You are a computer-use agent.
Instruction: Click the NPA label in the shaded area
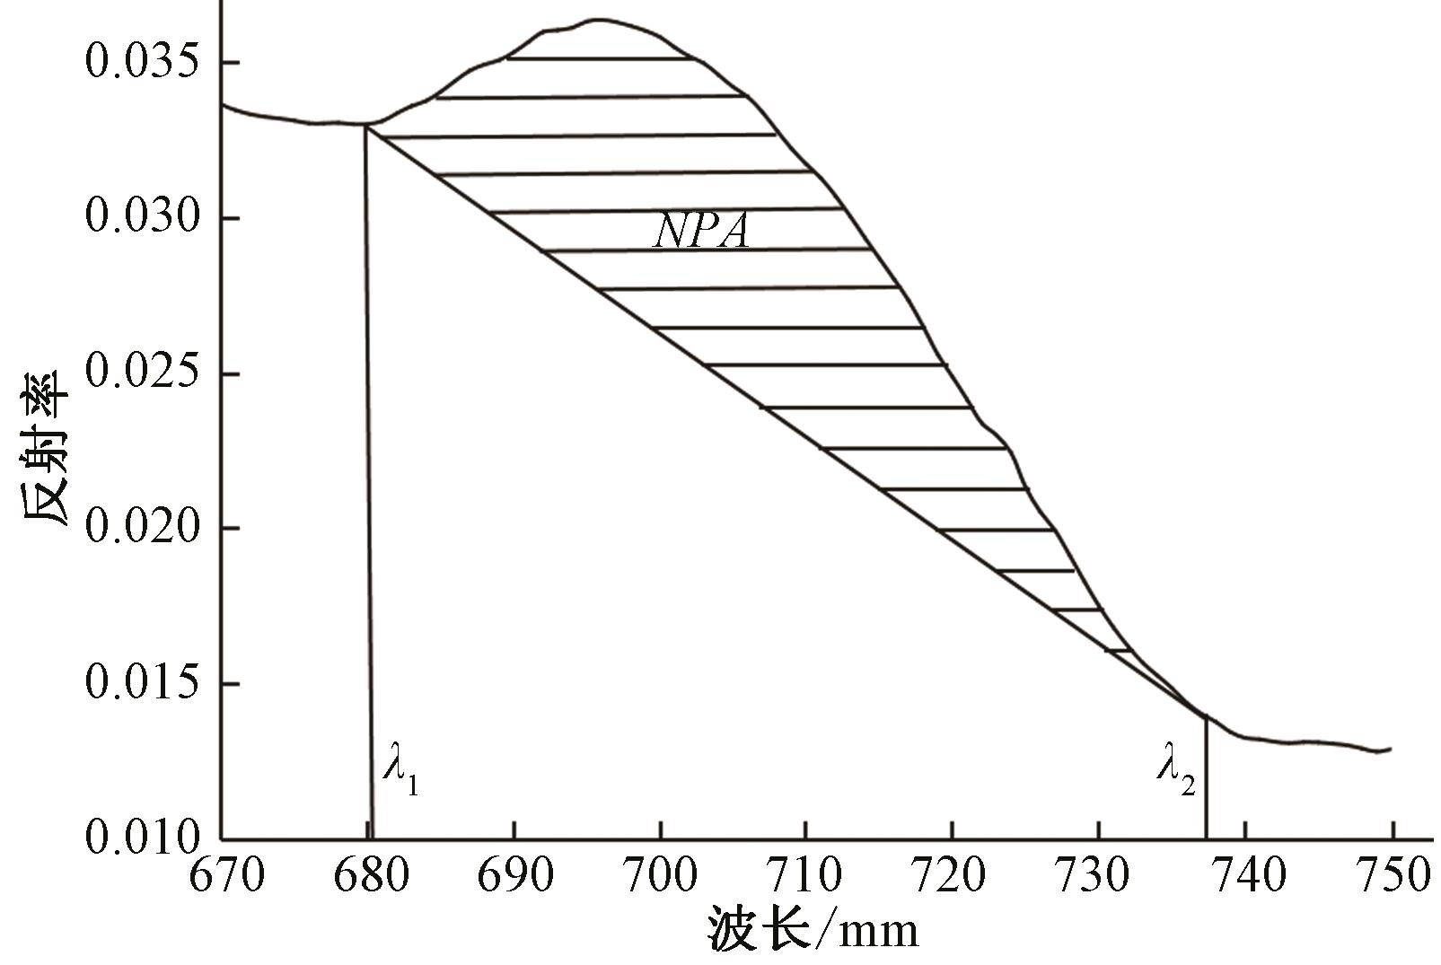701,232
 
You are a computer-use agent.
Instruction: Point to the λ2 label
1175,770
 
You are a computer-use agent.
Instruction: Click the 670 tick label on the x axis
226,875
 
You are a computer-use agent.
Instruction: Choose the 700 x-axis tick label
661,875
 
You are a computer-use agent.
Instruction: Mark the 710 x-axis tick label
806,875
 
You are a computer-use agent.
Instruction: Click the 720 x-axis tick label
953,875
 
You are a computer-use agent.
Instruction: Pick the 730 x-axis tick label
1098,875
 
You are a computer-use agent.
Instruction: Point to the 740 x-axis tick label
1244,875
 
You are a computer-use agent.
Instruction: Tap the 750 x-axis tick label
1390,875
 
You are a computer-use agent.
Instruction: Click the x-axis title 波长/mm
813,930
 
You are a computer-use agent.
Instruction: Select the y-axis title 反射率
45,448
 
